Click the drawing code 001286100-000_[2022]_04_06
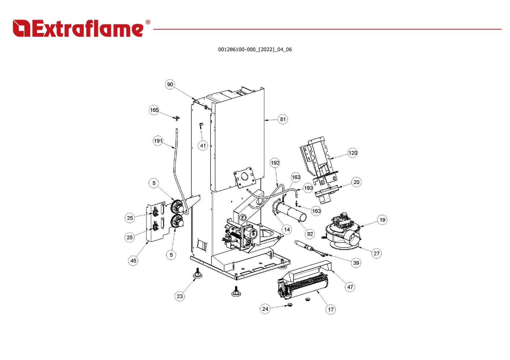[x=255, y=50]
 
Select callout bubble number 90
[x=170, y=85]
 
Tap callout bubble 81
[x=283, y=119]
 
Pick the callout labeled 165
[x=154, y=110]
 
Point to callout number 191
[x=158, y=141]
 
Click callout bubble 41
[x=203, y=146]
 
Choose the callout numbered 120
[x=353, y=153]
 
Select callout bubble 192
[x=275, y=163]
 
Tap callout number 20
[x=357, y=182]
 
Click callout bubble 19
[x=382, y=220]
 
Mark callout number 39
[x=356, y=263]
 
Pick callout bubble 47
[x=350, y=287]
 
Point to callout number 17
[x=331, y=309]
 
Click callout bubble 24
[x=265, y=309]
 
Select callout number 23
[x=180, y=296]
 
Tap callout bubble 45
[x=133, y=261]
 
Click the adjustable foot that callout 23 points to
[x=198, y=274]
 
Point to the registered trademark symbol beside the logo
[x=148, y=22]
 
